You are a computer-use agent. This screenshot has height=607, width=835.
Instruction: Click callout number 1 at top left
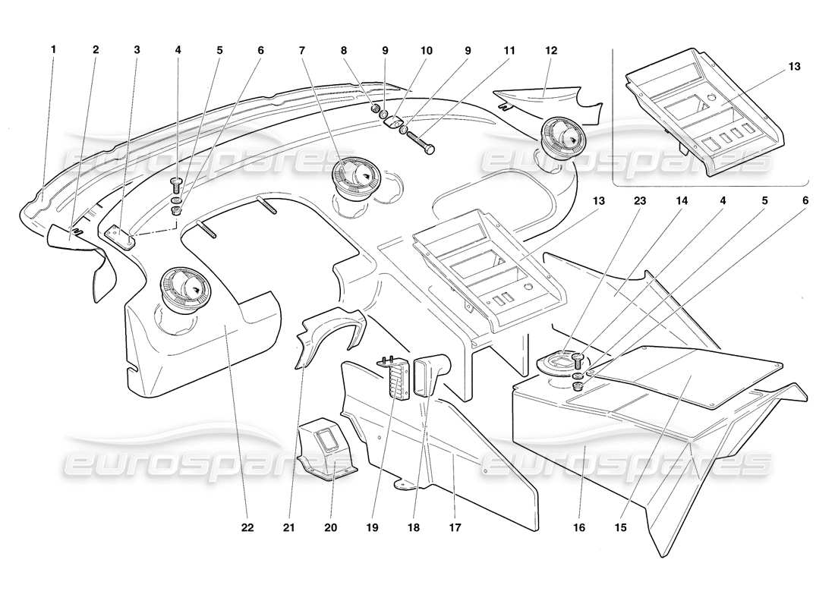54,50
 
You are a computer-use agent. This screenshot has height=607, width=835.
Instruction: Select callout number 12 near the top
550,50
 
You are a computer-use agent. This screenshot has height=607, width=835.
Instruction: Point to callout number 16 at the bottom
579,527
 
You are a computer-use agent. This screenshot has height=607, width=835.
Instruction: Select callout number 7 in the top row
301,50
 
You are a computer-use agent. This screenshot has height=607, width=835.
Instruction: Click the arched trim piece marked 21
326,334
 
